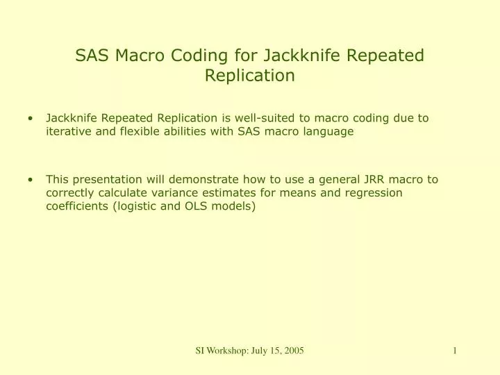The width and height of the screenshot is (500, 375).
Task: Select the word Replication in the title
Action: tap(250, 76)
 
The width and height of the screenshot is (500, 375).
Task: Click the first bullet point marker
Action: tap(32, 118)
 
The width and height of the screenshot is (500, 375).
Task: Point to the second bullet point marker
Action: tap(32, 179)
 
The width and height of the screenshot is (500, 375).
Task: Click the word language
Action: tap(330, 131)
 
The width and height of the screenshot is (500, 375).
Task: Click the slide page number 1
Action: tap(454, 351)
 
